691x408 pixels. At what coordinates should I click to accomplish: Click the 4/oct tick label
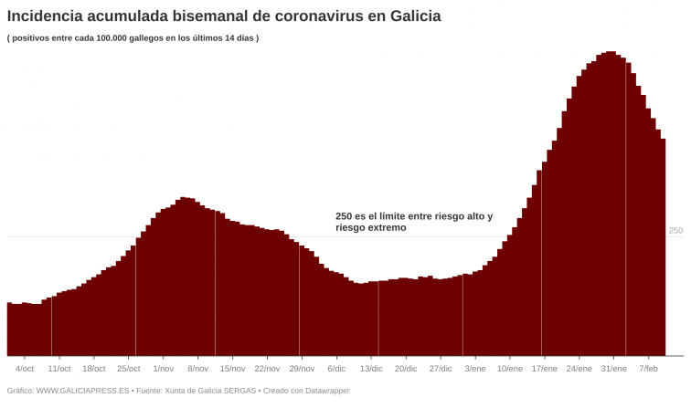pos(25,369)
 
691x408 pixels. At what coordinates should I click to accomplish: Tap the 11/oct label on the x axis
pos(58,369)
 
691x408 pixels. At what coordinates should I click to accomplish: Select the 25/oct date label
pos(128,369)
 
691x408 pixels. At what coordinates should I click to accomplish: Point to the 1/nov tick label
pos(163,369)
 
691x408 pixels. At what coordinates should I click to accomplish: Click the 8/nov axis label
pos(197,369)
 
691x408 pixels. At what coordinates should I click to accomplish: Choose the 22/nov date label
pos(267,369)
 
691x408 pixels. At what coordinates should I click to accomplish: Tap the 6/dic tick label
pos(336,369)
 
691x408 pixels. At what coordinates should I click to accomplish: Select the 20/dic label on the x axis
pos(406,369)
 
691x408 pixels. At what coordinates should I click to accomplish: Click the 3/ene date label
pos(475,369)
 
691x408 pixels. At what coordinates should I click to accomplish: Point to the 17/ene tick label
pos(545,369)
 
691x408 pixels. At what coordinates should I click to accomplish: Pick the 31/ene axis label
pos(614,369)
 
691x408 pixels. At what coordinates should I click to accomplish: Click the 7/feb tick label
pos(649,369)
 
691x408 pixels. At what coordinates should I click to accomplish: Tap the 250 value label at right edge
pos(675,231)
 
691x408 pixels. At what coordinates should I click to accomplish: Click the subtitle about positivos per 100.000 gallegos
pos(133,37)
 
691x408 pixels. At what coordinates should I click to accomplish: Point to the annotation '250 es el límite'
pos(413,222)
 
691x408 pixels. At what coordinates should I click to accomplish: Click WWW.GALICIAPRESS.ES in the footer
pos(82,391)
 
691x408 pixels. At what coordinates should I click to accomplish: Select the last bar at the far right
pos(663,246)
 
